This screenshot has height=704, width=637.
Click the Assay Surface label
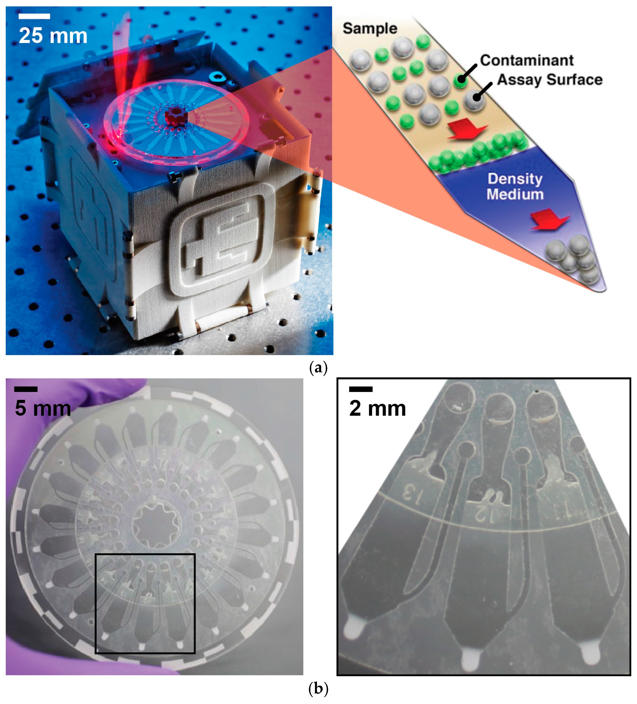coord(549,80)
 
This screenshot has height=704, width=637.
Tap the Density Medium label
coord(515,187)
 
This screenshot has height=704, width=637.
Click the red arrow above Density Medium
coord(467,129)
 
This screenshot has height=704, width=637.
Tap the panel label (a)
coord(318,368)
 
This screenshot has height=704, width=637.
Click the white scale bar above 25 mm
coord(34,16)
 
